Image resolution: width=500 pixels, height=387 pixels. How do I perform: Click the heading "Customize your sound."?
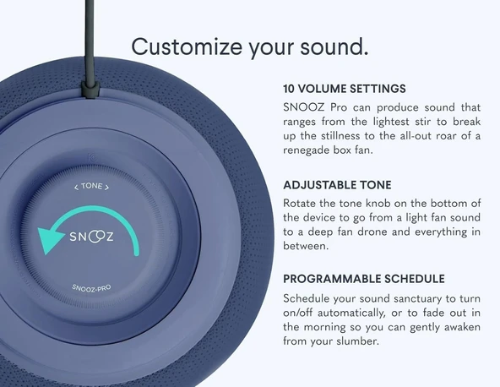[x=249, y=45]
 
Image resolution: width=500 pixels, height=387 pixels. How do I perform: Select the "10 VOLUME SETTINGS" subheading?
[x=345, y=89]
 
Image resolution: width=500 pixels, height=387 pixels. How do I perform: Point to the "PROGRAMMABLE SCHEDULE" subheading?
[x=364, y=279]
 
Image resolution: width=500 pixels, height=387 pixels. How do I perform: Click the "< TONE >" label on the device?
[x=92, y=186]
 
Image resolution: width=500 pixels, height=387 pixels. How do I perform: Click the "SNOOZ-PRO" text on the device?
[x=92, y=286]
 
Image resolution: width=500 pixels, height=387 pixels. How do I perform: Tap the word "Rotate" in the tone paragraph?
[x=302, y=203]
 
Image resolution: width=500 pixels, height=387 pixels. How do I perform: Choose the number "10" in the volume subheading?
[x=290, y=89]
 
